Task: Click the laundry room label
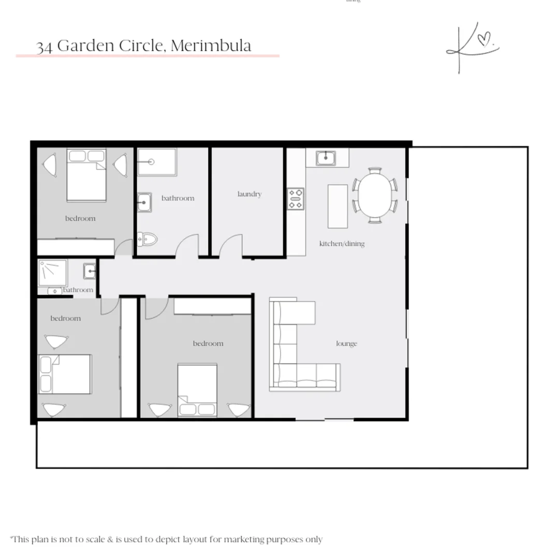249,194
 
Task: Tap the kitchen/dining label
342,243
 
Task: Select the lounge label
346,344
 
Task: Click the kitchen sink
326,158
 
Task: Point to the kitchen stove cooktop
296,199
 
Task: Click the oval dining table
375,195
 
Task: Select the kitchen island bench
337,206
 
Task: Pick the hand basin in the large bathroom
144,202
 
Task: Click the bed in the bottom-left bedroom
65,374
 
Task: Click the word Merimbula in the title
211,46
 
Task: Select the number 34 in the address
45,47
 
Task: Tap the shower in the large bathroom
157,162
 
